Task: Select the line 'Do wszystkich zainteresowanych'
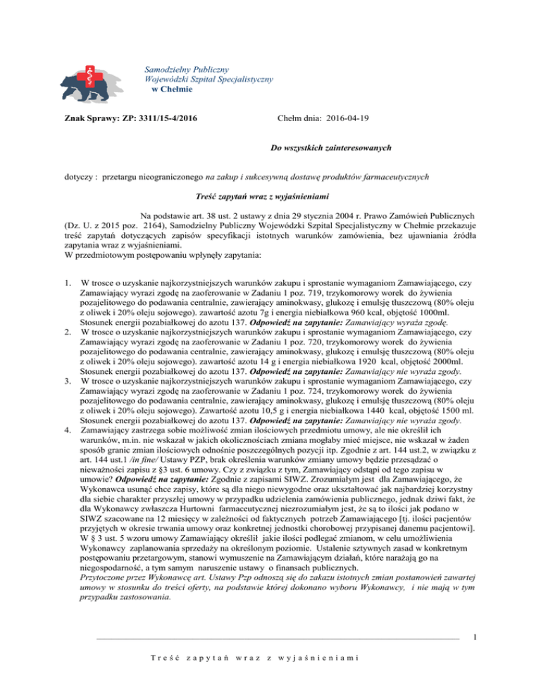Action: point(319,149)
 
